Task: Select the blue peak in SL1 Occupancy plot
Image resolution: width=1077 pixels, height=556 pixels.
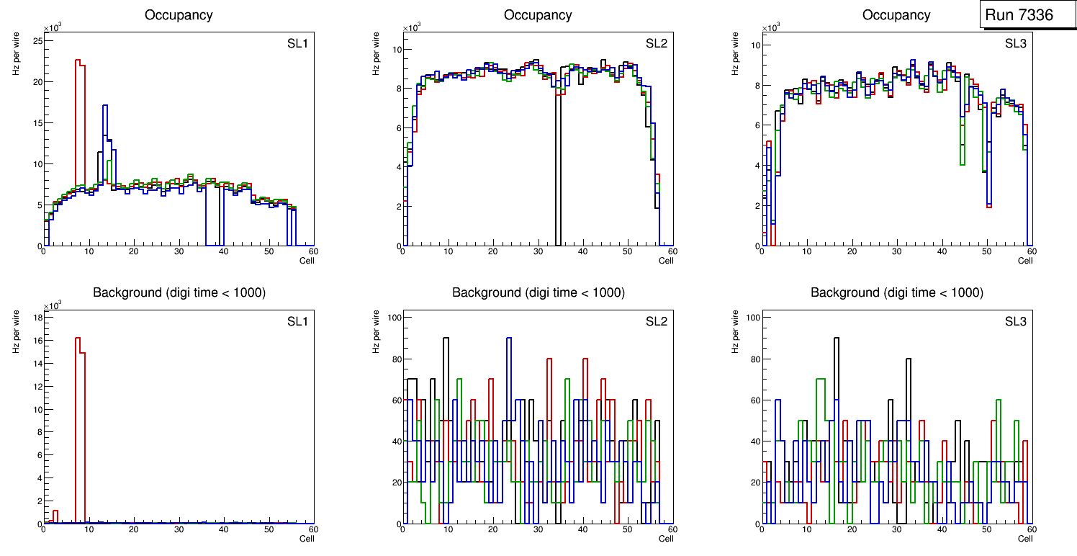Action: (x=105, y=107)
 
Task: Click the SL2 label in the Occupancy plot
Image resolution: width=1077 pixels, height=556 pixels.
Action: (x=656, y=43)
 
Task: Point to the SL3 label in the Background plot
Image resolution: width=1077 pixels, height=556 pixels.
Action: (x=1015, y=320)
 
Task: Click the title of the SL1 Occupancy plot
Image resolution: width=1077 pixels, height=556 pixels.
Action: (x=179, y=15)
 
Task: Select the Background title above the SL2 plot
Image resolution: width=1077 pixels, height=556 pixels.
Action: (x=538, y=292)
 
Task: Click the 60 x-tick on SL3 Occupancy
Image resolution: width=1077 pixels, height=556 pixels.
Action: (x=1031, y=251)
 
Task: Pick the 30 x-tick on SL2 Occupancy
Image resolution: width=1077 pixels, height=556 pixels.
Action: (x=537, y=251)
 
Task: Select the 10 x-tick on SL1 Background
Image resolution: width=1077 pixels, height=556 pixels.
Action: (x=89, y=529)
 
